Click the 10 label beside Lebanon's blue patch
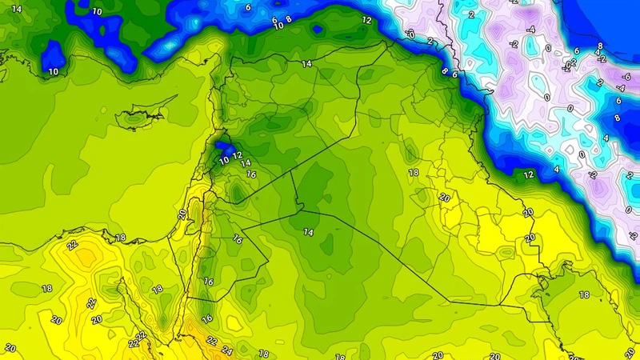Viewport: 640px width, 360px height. point(225,160)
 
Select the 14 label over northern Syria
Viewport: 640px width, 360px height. point(306,63)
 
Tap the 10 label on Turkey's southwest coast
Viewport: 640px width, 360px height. point(54,71)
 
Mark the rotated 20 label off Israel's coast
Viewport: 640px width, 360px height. point(182,214)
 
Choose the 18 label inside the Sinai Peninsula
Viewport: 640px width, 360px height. point(158,289)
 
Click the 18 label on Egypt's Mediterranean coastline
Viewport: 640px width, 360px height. point(121,238)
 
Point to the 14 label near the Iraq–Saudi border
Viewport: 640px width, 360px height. point(308,231)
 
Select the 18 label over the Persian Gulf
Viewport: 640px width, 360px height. point(584,295)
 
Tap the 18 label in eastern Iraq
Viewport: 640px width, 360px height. point(414,172)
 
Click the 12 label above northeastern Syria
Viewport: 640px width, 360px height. point(366,20)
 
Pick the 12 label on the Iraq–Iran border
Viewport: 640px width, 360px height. point(528,174)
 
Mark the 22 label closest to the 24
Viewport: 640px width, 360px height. point(212,341)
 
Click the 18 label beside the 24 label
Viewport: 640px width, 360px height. point(264,353)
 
